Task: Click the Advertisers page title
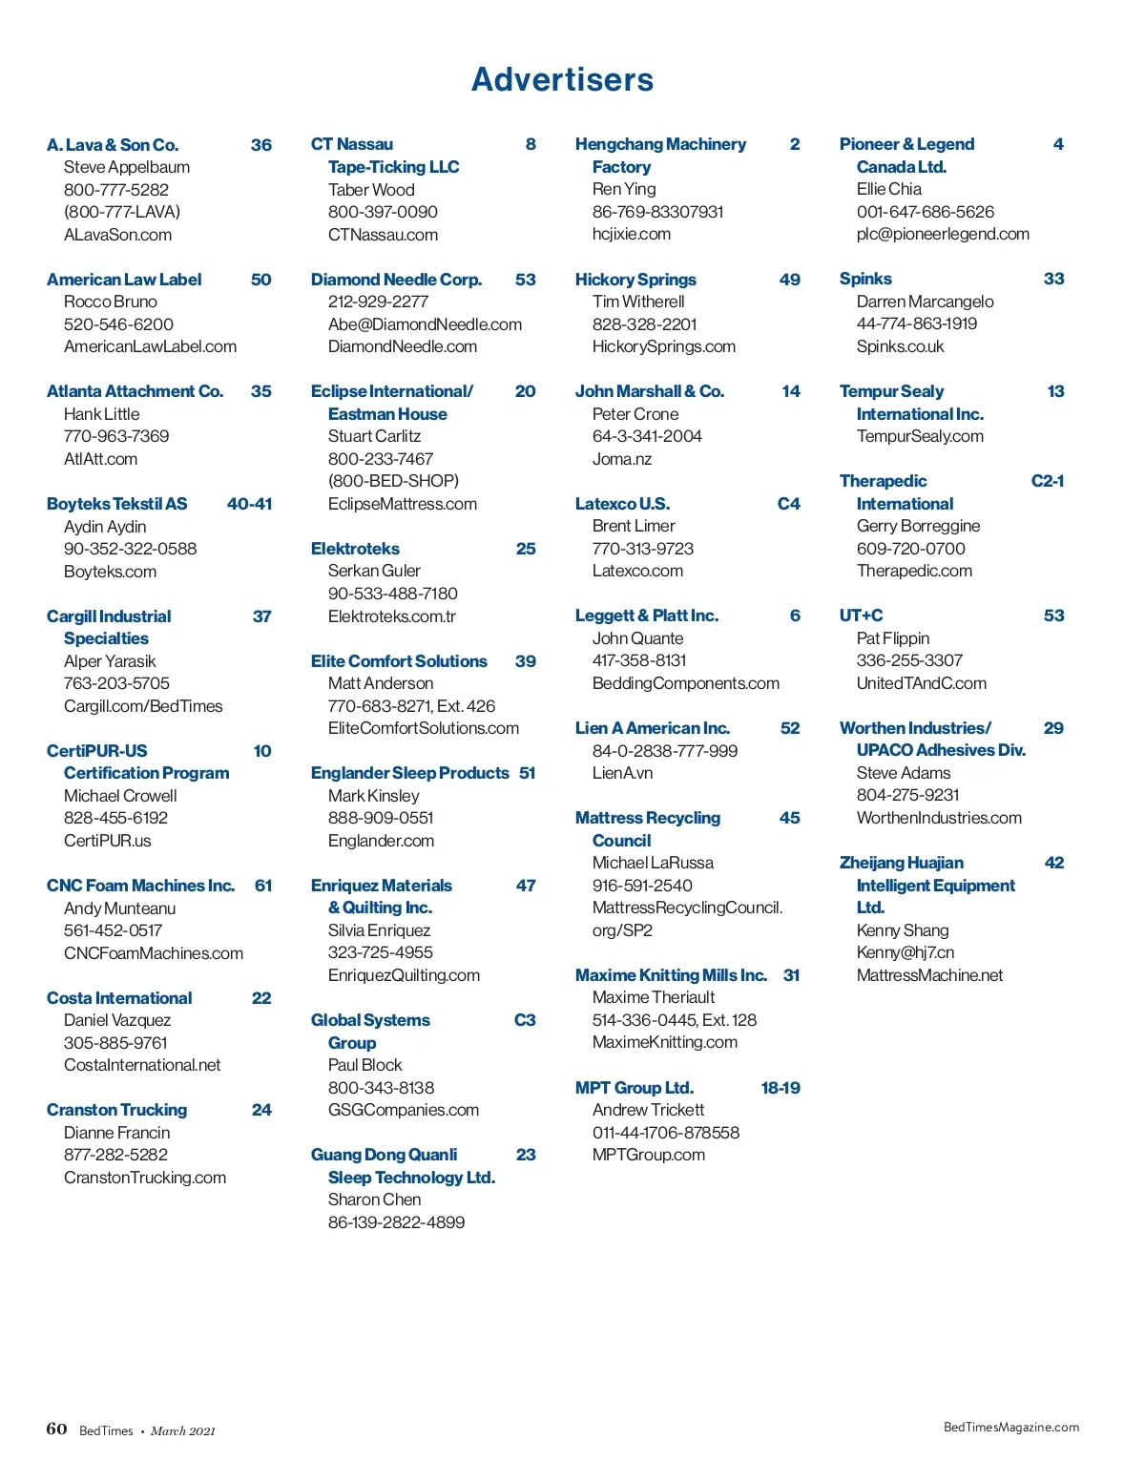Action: [562, 79]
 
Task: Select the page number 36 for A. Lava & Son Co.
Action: [260, 145]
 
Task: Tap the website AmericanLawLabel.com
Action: [150, 346]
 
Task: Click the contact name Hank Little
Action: [101, 414]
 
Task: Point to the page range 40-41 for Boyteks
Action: [249, 504]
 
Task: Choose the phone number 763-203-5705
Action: [116, 683]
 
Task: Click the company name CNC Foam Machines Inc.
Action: [140, 886]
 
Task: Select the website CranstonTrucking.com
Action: [145, 1178]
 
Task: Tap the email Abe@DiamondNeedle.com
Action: [425, 324]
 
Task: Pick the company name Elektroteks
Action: [355, 549]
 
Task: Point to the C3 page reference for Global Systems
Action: [525, 1020]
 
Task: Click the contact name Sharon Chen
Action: [374, 1200]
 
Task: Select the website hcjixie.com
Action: [631, 234]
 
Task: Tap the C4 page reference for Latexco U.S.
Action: [788, 504]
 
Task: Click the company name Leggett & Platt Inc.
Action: [646, 616]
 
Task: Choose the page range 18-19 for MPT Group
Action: [780, 1088]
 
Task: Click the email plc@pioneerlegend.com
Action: [943, 234]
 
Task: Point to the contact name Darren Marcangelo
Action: [925, 302]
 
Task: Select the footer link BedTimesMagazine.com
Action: [1010, 1428]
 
